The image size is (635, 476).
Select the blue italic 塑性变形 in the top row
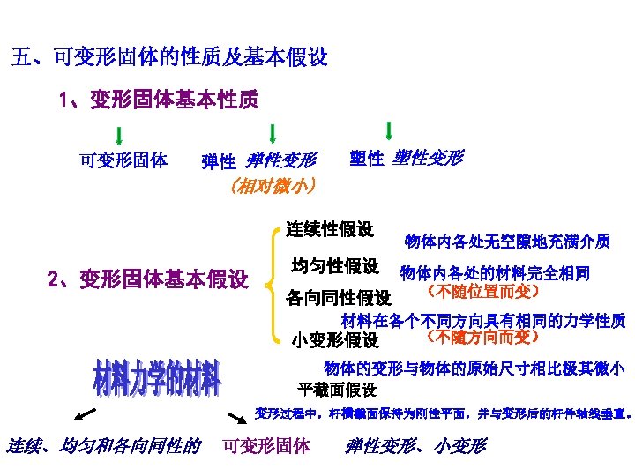coord(426,158)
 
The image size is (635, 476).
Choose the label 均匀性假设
coord(334,265)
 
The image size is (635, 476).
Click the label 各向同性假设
coord(339,298)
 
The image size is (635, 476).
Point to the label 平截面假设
coord(338,389)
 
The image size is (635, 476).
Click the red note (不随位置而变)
coord(482,290)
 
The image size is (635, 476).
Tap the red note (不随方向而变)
coord(482,336)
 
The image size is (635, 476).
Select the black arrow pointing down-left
coord(85,416)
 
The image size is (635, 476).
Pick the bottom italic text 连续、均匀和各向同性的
coord(103,446)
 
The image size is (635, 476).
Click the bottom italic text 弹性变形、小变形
coord(415,446)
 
